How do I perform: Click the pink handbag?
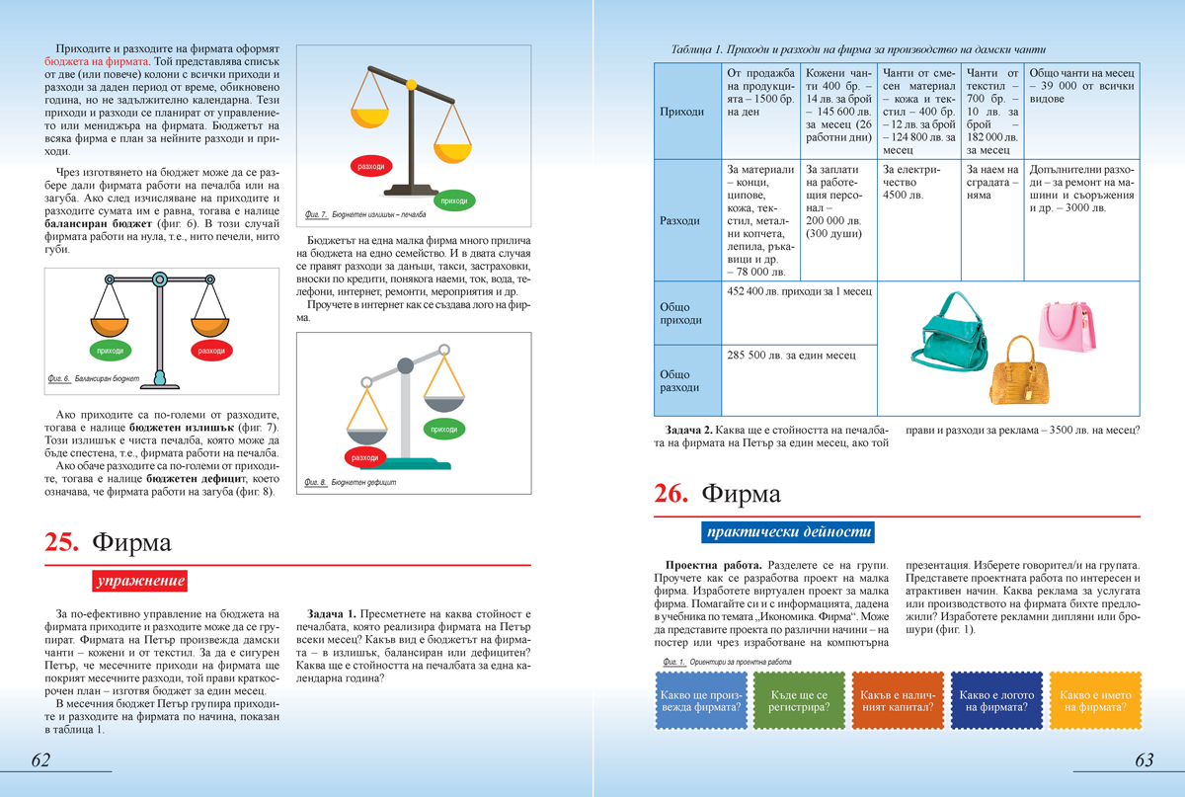pyautogui.click(x=1066, y=330)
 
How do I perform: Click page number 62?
pyautogui.click(x=40, y=759)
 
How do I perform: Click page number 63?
pyautogui.click(x=1145, y=759)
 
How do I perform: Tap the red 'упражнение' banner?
pyautogui.click(x=139, y=582)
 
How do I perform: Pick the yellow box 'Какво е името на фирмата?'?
pyautogui.click(x=1093, y=701)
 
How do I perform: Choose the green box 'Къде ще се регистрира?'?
pyautogui.click(x=799, y=701)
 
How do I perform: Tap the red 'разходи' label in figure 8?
pyautogui.click(x=364, y=457)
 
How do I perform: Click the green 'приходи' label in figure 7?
pyautogui.click(x=454, y=200)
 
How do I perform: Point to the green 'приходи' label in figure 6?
pyautogui.click(x=111, y=351)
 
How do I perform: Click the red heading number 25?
pyautogui.click(x=62, y=542)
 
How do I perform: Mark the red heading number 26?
pyautogui.click(x=671, y=494)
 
